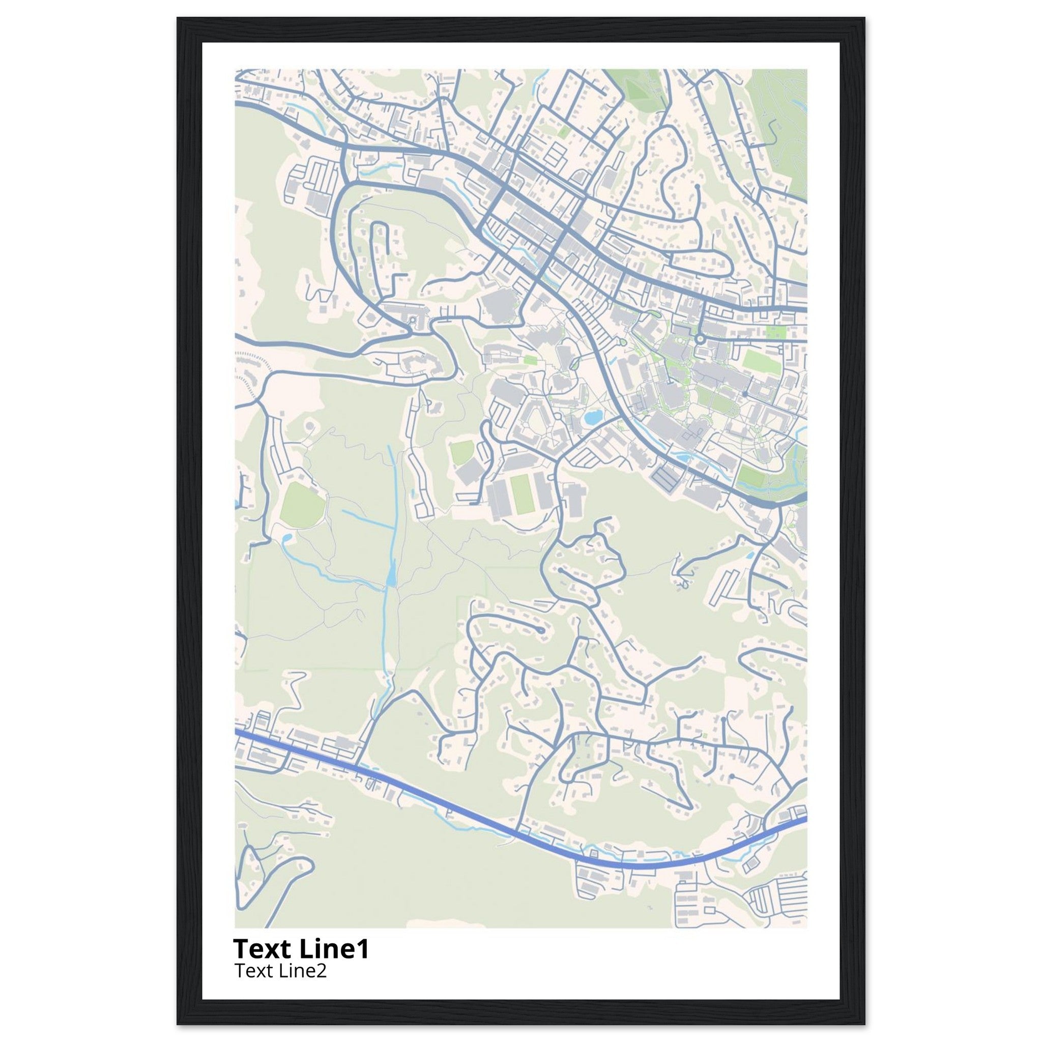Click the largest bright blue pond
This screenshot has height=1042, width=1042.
coord(593,417)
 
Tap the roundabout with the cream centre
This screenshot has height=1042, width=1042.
coord(700,339)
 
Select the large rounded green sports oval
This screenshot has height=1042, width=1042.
coord(302,505)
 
